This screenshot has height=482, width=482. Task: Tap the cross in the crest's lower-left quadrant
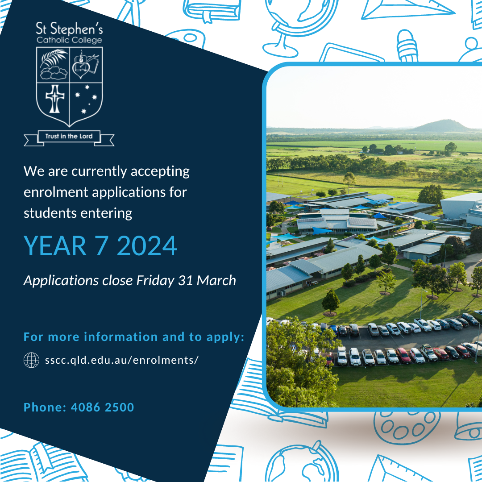point(55,99)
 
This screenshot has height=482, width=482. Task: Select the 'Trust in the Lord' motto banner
point(69,137)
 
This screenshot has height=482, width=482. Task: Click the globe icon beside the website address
point(31,360)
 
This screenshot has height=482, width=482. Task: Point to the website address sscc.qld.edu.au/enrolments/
point(122,360)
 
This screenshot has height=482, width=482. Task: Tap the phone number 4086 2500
point(102,407)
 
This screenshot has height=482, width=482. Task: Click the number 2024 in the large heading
point(147,245)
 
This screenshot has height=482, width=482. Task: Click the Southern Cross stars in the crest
point(86,99)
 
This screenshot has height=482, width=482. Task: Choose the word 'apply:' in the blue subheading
point(225,337)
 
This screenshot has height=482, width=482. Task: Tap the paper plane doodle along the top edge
point(407,9)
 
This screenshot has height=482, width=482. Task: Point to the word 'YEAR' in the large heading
point(55,245)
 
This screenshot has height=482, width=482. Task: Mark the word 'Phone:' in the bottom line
point(45,407)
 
